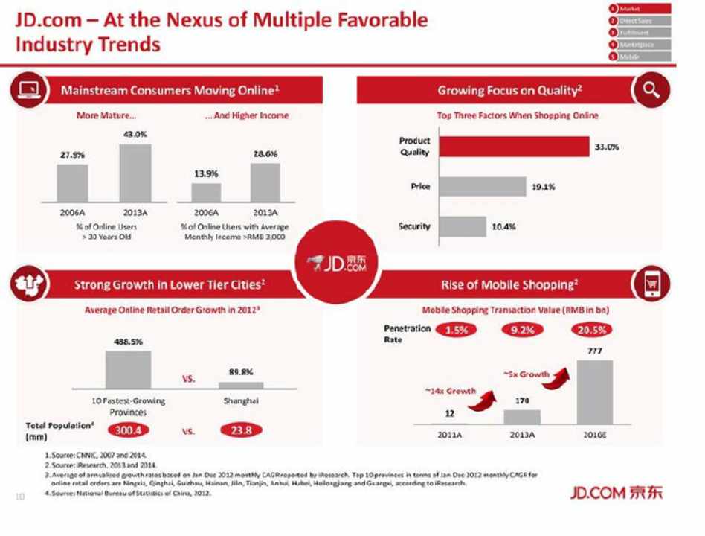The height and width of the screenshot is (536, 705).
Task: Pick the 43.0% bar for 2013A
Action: pyautogui.click(x=135, y=173)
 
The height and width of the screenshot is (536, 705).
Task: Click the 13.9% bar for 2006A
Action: pyautogui.click(x=206, y=192)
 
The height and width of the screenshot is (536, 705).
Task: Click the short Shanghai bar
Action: pyautogui.click(x=240, y=385)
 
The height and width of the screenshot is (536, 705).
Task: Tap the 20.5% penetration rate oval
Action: pyautogui.click(x=592, y=330)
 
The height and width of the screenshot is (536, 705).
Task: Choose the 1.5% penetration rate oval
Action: pyautogui.click(x=456, y=330)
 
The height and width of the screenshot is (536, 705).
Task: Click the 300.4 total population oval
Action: pyautogui.click(x=129, y=430)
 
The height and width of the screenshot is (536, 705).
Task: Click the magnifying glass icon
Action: pyautogui.click(x=651, y=91)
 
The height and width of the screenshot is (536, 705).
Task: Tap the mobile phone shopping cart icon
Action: pyautogui.click(x=651, y=284)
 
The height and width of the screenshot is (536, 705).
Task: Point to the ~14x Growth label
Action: pyautogui.click(x=450, y=390)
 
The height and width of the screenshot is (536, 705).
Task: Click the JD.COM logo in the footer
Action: pyautogui.click(x=616, y=492)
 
